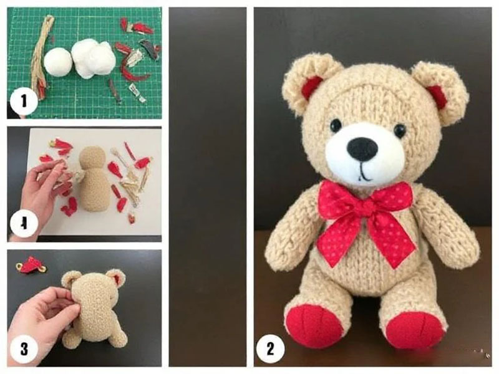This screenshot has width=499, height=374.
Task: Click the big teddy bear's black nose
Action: pyautogui.click(x=362, y=149)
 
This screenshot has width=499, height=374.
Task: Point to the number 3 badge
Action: pyautogui.click(x=24, y=348)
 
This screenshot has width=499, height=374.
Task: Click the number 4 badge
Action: pyautogui.click(x=23, y=223)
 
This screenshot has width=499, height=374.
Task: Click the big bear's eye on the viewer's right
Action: pyautogui.click(x=399, y=130)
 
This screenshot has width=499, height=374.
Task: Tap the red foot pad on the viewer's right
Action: pyautogui.click(x=414, y=329)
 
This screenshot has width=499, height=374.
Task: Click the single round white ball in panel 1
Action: pyautogui.click(x=58, y=62)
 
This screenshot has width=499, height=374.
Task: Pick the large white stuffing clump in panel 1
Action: pyautogui.click(x=94, y=59)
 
